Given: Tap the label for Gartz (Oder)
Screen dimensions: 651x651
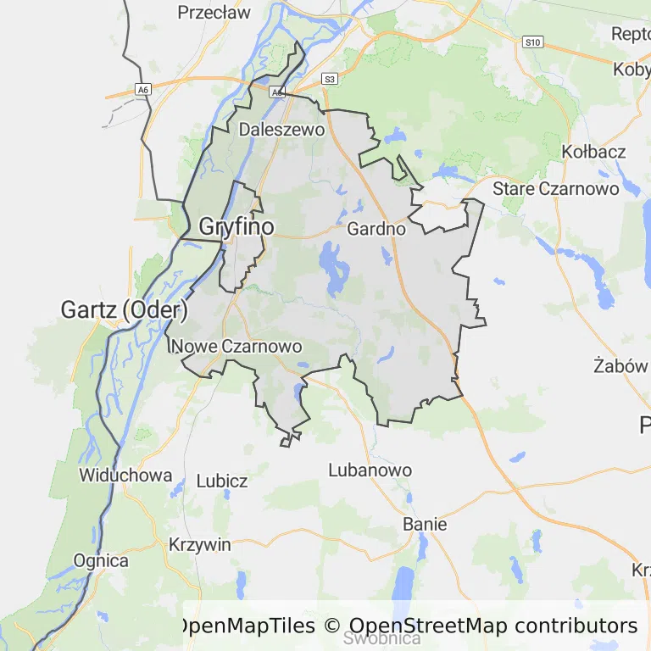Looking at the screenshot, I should (118, 309).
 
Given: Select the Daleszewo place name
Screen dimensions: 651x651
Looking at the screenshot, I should (282, 130).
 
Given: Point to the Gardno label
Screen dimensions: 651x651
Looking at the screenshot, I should (376, 228).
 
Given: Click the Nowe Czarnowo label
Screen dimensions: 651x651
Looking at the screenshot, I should (237, 346).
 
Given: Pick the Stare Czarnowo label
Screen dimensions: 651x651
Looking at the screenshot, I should (556, 188).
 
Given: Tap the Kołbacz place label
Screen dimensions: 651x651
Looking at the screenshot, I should (593, 152).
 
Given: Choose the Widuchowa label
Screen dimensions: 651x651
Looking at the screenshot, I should (125, 476).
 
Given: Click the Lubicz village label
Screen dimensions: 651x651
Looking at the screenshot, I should (222, 481).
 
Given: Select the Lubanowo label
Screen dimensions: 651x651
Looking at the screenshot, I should (370, 470).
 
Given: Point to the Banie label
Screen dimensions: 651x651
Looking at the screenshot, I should (425, 524).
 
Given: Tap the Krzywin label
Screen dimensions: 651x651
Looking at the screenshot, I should (200, 544).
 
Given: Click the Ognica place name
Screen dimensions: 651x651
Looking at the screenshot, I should (101, 560).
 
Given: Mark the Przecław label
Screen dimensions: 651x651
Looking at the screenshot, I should (214, 13).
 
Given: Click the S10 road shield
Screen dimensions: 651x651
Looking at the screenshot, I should (532, 42).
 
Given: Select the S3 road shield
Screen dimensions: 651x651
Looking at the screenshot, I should (330, 79).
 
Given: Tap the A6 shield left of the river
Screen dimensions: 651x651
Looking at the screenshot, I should (143, 89).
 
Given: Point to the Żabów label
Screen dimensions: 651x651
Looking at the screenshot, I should (620, 366).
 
